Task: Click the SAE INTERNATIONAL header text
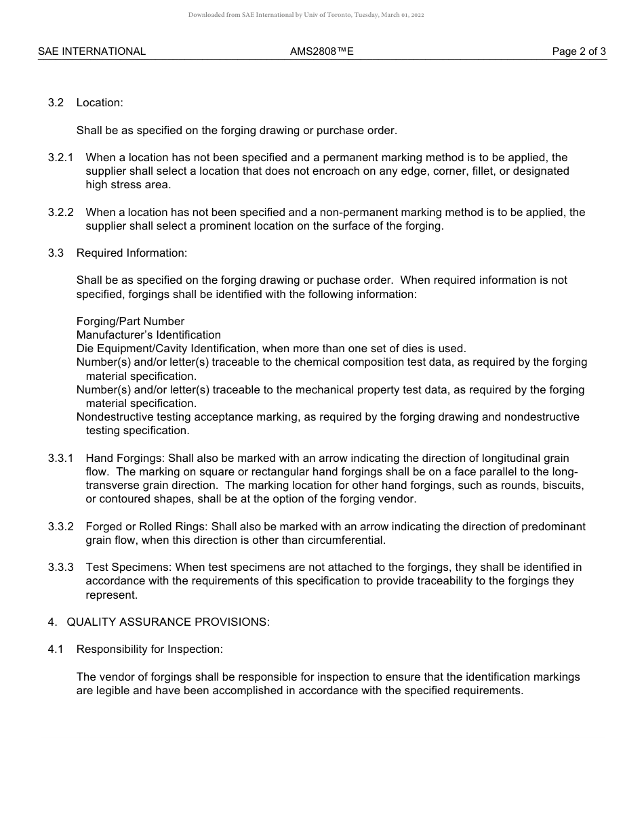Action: pos(92,51)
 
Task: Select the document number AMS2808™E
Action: pos(321,51)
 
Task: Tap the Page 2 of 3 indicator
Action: pos(579,51)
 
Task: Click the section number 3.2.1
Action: pos(60,158)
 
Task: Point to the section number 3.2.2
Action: pos(60,213)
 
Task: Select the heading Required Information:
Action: pos(132,253)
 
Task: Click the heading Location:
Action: pos(100,103)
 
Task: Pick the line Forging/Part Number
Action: pos(130,322)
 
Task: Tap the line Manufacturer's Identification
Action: pos(148,335)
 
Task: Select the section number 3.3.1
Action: pos(60,458)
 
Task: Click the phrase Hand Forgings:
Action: pos(125,458)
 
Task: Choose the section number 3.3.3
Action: pos(60,568)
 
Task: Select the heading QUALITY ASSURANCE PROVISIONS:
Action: pos(167,622)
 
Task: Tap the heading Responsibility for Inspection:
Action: pos(149,649)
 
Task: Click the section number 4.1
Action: pos(56,649)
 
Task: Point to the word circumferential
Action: pos(349,540)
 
